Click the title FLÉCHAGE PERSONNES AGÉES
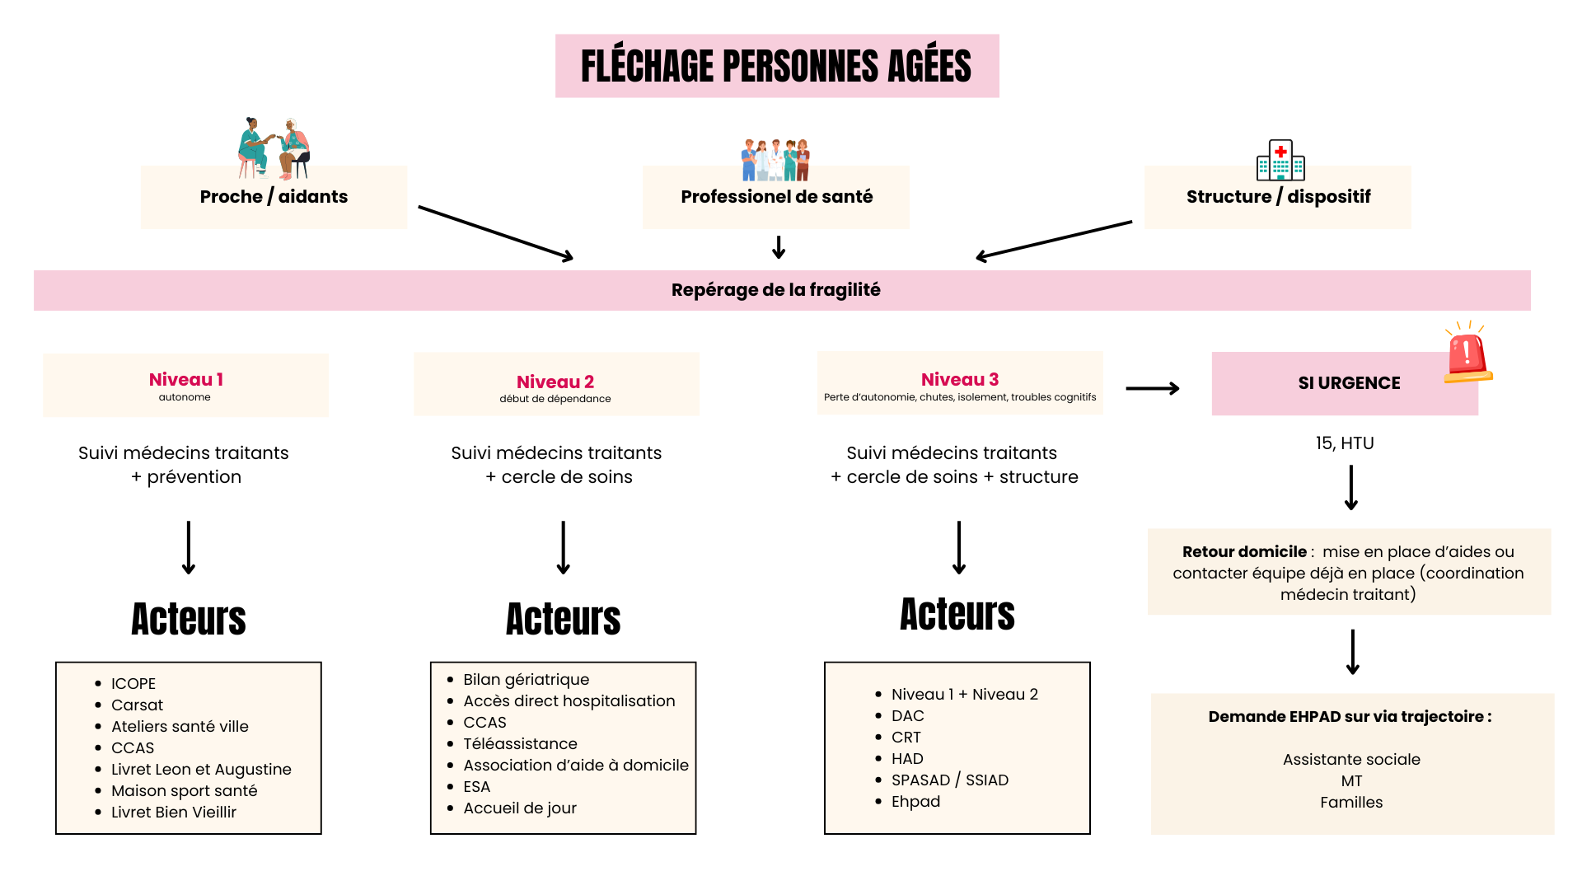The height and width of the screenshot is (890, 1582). [776, 66]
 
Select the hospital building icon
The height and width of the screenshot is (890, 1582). [1280, 160]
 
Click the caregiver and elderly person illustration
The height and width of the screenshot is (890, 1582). [274, 149]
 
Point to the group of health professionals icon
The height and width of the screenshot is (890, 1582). [775, 160]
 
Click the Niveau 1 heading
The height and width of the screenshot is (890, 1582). [185, 380]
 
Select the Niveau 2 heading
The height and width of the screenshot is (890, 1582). [555, 382]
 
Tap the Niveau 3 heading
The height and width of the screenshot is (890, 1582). [960, 380]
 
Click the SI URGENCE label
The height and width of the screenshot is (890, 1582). [1349, 383]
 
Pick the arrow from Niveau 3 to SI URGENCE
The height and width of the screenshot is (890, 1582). [1153, 388]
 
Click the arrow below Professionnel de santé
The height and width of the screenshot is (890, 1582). [779, 247]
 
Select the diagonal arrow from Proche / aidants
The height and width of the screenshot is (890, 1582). [495, 233]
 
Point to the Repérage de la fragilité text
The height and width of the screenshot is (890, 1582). [775, 290]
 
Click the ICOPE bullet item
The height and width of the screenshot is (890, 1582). [133, 684]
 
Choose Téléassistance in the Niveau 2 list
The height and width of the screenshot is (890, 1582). [520, 744]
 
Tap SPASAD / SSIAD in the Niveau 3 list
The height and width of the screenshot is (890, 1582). [949, 780]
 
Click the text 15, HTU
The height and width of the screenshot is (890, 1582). [1345, 443]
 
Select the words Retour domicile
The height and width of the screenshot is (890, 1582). [1244, 552]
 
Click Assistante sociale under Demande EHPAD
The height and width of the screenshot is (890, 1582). [1351, 760]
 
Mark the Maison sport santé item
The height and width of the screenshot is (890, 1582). [184, 791]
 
